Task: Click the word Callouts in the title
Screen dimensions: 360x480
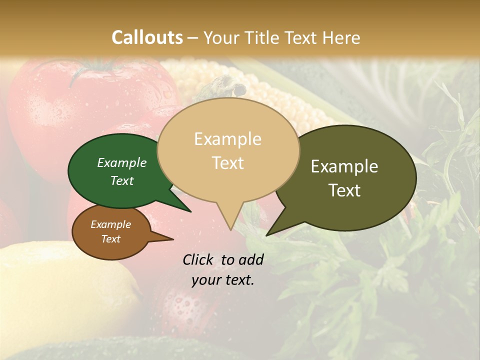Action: click(147, 37)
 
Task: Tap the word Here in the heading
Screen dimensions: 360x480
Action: click(341, 37)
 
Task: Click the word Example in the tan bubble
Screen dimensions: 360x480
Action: click(227, 139)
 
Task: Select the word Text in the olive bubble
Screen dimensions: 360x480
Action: click(344, 190)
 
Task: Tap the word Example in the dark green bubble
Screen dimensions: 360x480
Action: click(122, 163)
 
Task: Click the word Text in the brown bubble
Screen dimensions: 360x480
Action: click(111, 239)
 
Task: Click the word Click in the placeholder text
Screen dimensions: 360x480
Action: click(197, 259)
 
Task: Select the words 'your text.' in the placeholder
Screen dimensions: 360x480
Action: click(223, 280)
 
